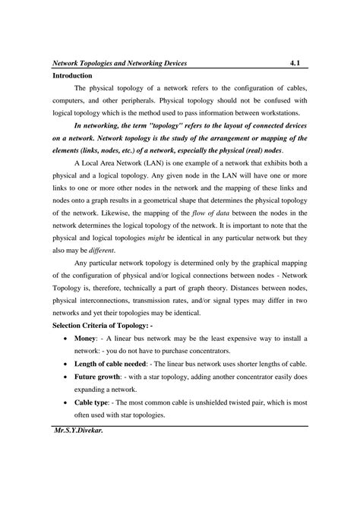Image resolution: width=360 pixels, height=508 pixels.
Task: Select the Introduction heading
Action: point(72,77)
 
